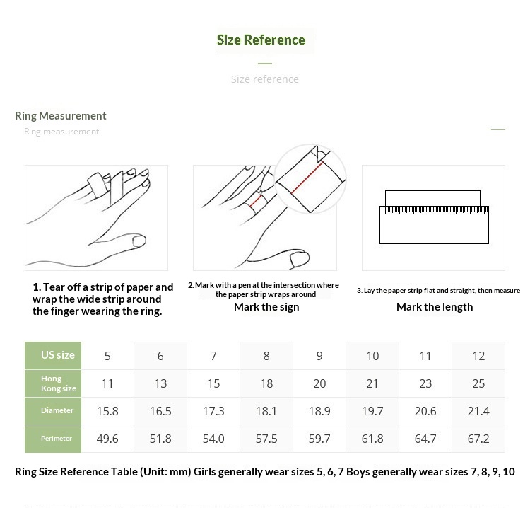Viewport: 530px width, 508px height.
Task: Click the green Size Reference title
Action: pos(261,40)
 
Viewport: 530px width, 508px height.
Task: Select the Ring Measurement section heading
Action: pos(61,116)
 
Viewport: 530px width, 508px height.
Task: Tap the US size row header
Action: pos(58,355)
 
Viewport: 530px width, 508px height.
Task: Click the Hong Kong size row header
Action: pos(59,383)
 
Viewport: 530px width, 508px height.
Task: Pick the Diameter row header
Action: pos(57,410)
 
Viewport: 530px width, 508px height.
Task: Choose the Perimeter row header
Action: pos(57,438)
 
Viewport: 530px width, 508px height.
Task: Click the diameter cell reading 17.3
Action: pos(213,411)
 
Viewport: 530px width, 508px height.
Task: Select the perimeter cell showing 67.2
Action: pos(478,439)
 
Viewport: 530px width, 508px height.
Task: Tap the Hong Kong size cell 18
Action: pos(266,383)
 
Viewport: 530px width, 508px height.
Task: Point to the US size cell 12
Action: pos(478,356)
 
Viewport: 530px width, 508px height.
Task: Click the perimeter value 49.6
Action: pos(107,439)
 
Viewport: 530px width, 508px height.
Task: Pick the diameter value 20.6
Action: pos(425,411)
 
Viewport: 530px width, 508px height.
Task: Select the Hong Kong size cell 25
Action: pos(478,383)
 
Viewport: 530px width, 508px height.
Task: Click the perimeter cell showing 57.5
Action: pos(266,439)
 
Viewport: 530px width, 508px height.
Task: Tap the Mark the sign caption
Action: pos(266,307)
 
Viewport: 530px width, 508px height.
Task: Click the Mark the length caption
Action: pos(435,307)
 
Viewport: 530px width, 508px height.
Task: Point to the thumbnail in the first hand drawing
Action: pos(139,241)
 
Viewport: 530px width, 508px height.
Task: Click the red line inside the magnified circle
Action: pos(307,178)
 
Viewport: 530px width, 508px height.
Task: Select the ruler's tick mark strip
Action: pos(437,210)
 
